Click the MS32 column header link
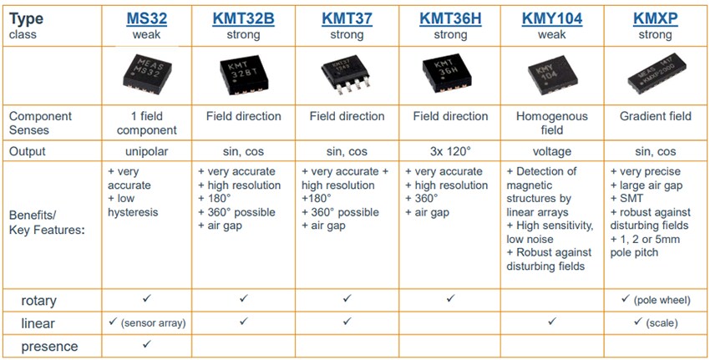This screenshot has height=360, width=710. [146, 18]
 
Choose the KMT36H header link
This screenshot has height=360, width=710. [451, 18]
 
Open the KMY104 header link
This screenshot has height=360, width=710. [551, 18]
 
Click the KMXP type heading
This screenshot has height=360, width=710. [655, 18]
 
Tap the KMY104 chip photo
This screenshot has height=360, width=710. [551, 75]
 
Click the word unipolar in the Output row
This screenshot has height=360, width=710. [146, 152]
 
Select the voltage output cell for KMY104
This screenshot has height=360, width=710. [551, 152]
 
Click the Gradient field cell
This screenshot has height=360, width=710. [655, 116]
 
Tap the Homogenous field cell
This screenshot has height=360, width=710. [551, 123]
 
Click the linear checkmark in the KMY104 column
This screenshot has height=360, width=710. [551, 321]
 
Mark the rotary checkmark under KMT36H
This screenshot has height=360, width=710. [451, 297]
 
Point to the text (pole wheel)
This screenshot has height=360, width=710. [665, 298]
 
